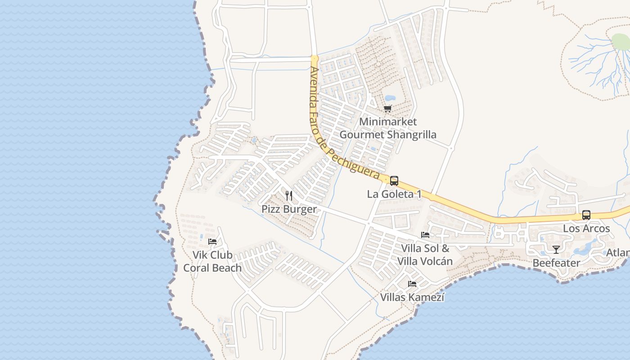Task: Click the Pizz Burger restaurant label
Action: tap(289, 209)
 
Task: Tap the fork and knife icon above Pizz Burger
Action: tap(289, 196)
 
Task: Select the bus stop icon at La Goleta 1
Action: tap(394, 181)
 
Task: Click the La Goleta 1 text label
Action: tap(394, 194)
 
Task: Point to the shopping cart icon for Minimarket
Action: tap(388, 108)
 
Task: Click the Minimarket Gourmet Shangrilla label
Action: tap(388, 128)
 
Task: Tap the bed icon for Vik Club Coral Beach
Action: tap(212, 242)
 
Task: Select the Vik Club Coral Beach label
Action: tap(212, 261)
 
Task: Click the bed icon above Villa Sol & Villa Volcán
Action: tap(425, 235)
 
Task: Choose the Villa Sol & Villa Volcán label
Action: tap(425, 255)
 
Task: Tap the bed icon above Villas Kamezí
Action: tap(412, 284)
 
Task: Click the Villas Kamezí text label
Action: tap(412, 297)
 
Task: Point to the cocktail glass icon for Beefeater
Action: tap(556, 250)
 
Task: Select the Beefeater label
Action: tap(556, 263)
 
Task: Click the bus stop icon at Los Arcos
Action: tap(586, 215)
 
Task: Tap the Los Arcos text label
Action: tap(586, 229)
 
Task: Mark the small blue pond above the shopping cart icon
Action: tap(390, 98)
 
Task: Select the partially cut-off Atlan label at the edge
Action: tap(617, 253)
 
